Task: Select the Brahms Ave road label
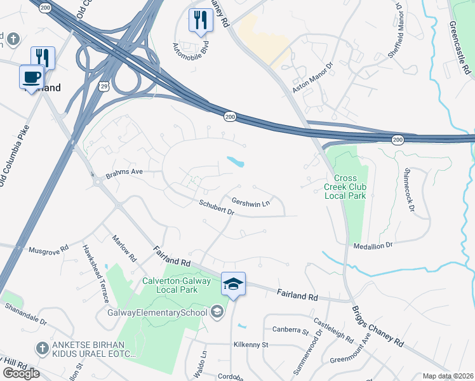tap(125, 172)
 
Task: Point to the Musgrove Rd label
tap(48, 250)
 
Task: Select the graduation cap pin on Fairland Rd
tap(233, 283)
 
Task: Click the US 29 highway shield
tap(102, 85)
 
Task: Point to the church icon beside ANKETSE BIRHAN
tap(42, 347)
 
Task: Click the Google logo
tap(21, 373)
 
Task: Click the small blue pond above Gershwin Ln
tap(236, 161)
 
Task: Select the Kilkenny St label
tap(252, 345)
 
